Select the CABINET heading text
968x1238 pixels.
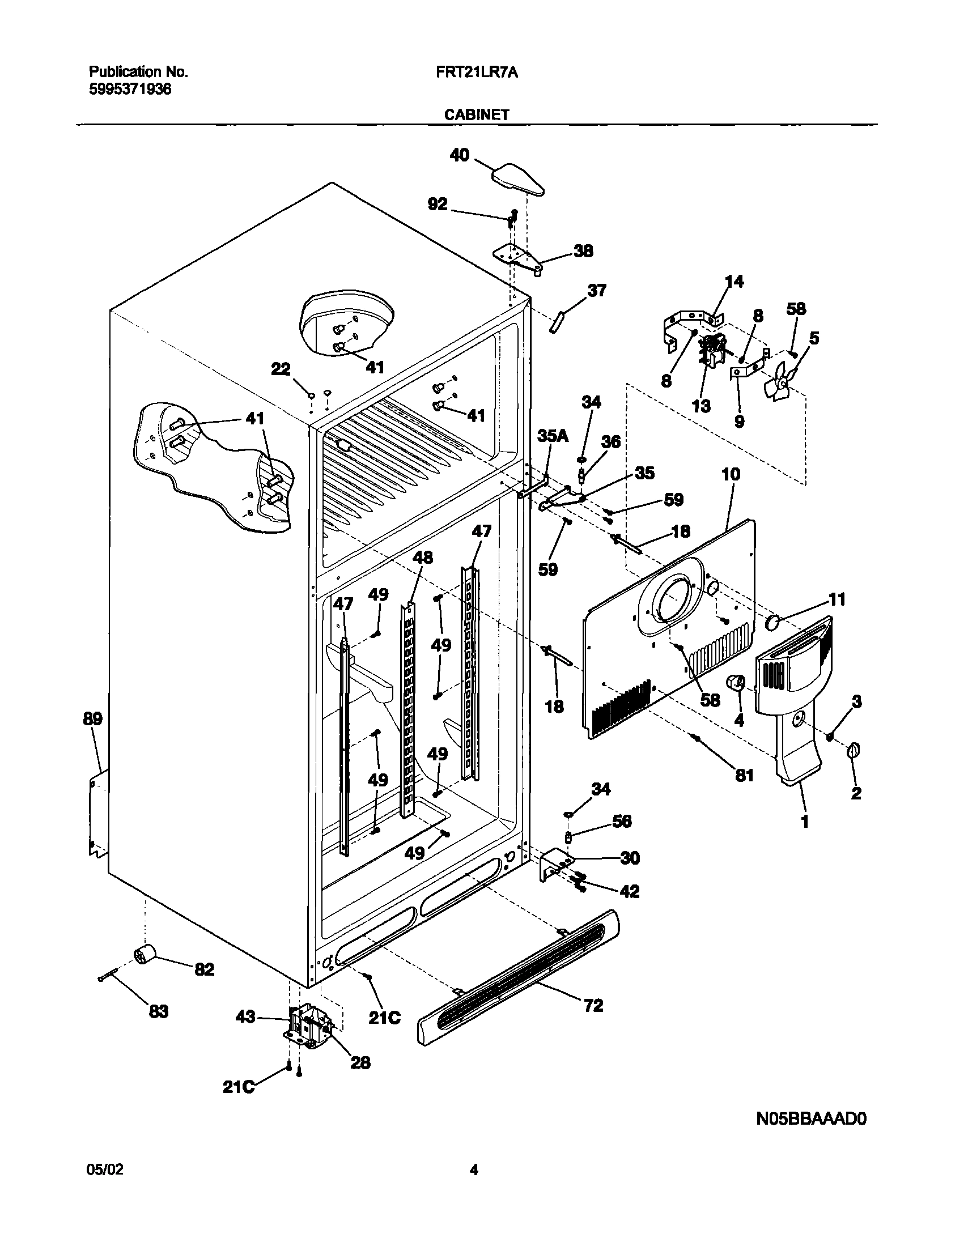point(476,115)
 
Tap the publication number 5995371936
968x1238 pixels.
point(130,89)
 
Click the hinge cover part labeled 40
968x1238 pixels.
point(517,179)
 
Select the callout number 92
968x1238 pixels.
point(437,204)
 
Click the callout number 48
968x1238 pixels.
point(423,557)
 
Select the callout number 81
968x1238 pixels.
point(744,776)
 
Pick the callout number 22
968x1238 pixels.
point(280,369)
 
